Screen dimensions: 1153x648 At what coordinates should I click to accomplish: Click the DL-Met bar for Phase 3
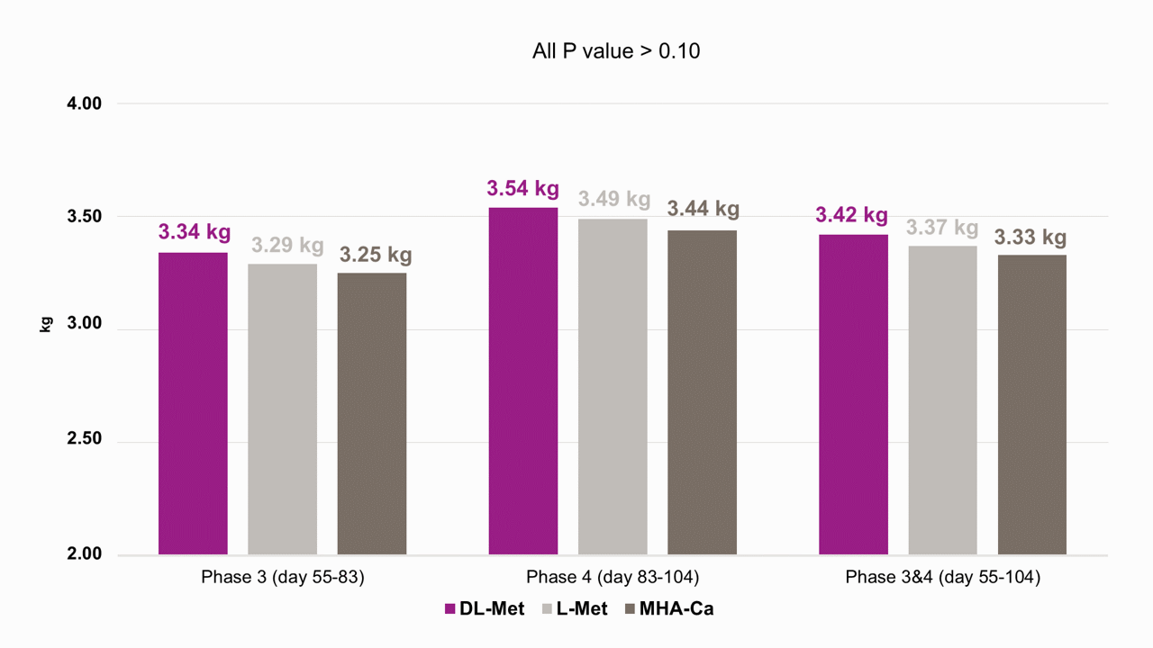(193, 404)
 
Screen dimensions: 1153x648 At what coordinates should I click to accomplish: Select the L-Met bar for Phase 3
(283, 409)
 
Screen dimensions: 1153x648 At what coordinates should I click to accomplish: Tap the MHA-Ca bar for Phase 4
(702, 392)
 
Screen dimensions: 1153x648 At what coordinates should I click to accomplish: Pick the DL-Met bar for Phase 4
(523, 381)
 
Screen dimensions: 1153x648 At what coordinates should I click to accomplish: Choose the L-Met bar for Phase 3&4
(942, 400)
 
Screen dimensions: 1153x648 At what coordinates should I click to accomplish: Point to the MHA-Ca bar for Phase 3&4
(1032, 405)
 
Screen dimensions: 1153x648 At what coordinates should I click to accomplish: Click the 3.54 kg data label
(523, 188)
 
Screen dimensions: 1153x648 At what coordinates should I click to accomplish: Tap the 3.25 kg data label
(376, 255)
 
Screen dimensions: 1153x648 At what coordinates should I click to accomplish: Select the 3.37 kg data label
(942, 228)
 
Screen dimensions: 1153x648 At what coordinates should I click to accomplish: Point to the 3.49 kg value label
(614, 199)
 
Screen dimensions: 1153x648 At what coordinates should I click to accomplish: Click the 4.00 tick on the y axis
(85, 103)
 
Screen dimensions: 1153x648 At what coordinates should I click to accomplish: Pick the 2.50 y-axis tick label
(85, 438)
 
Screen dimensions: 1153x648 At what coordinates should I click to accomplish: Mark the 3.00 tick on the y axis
(85, 323)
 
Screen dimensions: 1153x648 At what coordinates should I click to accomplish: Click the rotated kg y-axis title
(46, 325)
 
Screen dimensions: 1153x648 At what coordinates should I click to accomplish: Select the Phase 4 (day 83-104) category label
(613, 577)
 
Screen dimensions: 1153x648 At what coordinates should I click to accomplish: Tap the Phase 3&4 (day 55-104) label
(943, 577)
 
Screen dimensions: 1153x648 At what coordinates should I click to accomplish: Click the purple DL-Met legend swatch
(449, 609)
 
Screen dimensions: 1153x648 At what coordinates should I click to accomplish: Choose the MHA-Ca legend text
(676, 609)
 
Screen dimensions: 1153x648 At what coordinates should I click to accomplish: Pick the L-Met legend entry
(575, 609)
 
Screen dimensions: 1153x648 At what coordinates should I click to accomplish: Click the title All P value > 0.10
(616, 51)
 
